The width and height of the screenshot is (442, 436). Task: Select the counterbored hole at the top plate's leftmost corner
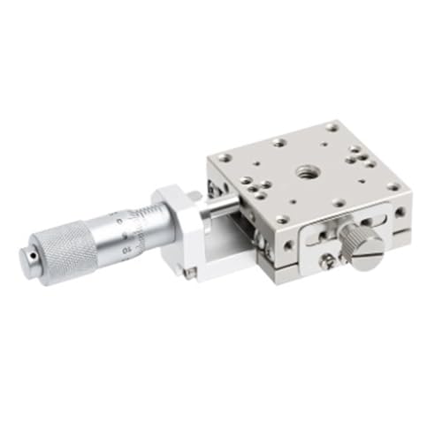tap(225, 158)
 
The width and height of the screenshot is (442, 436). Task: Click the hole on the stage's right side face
tap(400, 212)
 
